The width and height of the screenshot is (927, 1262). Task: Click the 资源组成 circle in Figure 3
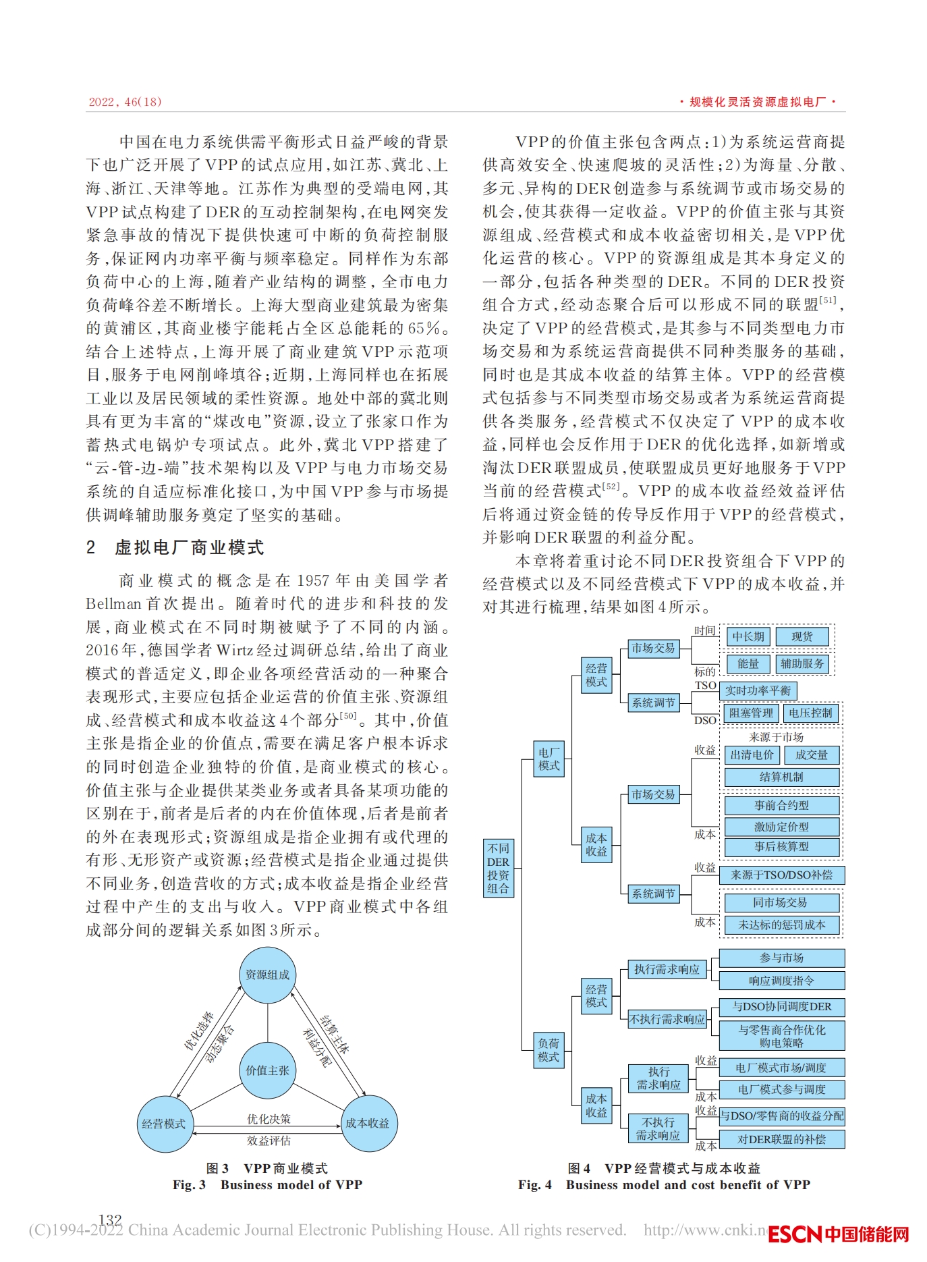pos(268,975)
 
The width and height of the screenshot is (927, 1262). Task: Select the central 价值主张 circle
pos(268,1070)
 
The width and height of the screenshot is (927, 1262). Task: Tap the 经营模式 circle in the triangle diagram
pos(164,1124)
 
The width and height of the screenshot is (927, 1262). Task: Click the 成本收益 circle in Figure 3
pos(368,1123)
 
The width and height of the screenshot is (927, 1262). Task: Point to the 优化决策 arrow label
pos(269,1119)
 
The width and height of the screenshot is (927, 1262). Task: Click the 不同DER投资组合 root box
pos(499,868)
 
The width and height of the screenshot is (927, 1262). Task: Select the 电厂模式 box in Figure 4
pos(549,759)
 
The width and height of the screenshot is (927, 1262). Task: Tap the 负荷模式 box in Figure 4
pos(549,1050)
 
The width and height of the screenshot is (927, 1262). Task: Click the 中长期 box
pos(748,636)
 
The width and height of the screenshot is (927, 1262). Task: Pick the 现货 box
pos(802,636)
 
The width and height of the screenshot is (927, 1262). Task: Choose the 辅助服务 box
pos(802,663)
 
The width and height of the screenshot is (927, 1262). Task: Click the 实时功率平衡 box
pos(758,690)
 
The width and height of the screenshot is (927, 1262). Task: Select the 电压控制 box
pos(810,713)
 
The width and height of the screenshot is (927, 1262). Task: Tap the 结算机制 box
pos(781,777)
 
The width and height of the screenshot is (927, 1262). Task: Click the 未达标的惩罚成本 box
pos(781,925)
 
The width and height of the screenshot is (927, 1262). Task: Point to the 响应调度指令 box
pos(781,981)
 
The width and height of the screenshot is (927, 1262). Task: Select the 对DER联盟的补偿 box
pos(781,1139)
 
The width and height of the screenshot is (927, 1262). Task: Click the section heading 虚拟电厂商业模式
pos(189,547)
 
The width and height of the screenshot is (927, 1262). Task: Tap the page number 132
pos(110,1219)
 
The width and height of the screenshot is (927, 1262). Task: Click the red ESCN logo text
pos(795,1234)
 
